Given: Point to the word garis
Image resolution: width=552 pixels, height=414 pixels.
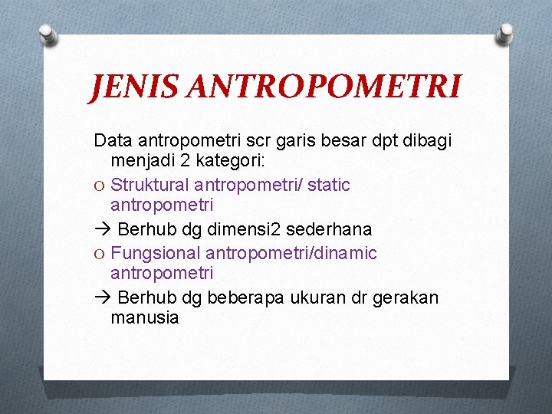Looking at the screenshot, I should point(296,140).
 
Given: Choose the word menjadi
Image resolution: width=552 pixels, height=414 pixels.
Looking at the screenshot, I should point(141,162).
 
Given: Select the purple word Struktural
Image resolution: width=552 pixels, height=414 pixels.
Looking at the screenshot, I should point(150,185).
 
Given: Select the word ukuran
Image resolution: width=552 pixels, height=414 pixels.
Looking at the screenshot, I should point(320,297).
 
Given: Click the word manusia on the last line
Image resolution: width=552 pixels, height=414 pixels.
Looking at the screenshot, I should point(145,317).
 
